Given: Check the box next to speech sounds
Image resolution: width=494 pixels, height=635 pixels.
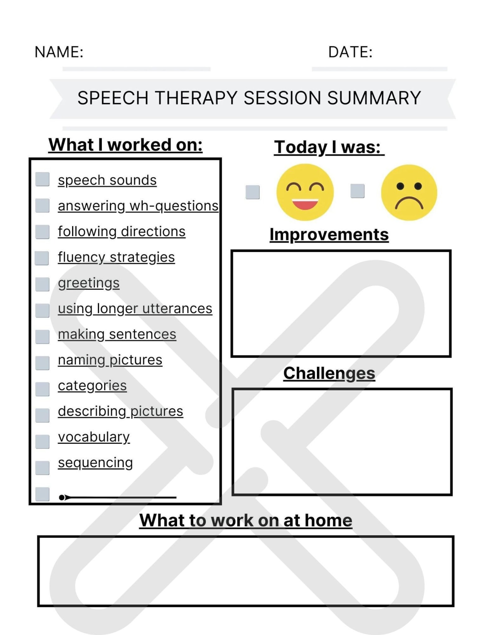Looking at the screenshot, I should click(x=42, y=179).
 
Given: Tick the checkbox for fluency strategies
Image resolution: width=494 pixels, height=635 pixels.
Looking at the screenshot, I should click(x=42, y=258).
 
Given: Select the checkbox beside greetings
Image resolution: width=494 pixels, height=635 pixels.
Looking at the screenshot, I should click(x=42, y=284).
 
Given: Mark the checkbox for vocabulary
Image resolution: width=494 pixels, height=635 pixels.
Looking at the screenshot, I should click(x=42, y=441).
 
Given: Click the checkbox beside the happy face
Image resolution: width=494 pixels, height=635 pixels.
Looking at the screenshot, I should click(x=252, y=192).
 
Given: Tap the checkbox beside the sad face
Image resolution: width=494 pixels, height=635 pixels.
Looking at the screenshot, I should click(x=357, y=191).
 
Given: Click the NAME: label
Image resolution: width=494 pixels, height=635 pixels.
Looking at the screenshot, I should click(x=59, y=52).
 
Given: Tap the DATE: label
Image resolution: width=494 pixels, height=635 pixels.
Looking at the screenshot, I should click(x=350, y=52).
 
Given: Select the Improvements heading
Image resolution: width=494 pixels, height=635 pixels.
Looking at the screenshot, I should click(x=329, y=235).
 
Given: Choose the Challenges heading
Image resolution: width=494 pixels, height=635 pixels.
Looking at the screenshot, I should click(x=329, y=373).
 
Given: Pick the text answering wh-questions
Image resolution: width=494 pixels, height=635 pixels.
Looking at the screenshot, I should click(x=138, y=206).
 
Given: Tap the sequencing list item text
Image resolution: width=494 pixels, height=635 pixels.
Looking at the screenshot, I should click(x=95, y=463).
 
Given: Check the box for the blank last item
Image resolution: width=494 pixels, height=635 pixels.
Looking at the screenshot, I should click(x=42, y=494).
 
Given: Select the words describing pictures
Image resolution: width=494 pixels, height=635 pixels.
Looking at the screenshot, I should click(x=120, y=411).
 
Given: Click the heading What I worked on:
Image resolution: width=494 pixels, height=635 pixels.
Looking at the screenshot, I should click(x=125, y=145).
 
